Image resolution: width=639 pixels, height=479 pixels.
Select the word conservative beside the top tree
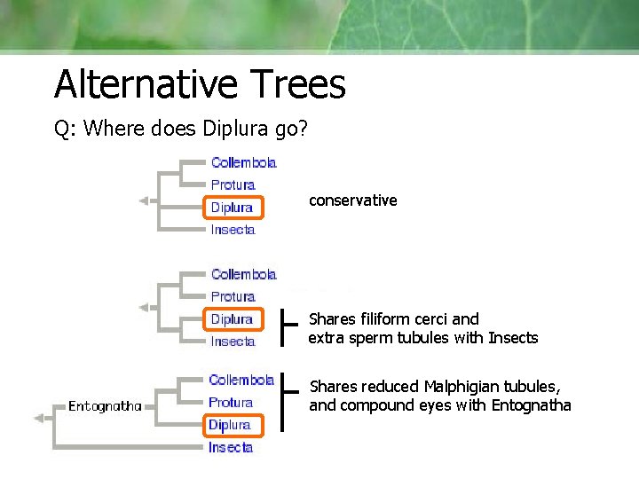[352, 200]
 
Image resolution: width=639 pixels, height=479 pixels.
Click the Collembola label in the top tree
[243, 162]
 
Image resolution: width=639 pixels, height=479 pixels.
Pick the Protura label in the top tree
[233, 185]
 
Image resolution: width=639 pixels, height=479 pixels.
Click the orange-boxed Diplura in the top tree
[232, 208]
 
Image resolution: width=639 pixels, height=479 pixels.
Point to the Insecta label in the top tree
[233, 230]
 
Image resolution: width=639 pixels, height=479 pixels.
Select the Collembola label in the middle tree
[243, 274]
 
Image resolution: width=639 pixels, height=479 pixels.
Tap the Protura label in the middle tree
[233, 296]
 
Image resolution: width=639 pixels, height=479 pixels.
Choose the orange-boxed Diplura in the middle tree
[232, 319]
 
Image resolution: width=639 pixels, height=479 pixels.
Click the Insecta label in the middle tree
[233, 342]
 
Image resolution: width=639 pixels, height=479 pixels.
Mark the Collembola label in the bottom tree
[241, 380]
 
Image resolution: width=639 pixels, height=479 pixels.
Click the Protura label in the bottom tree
[231, 402]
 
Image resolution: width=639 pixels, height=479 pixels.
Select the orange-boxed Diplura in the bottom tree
[230, 425]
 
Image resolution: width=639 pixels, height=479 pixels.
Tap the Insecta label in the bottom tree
[231, 447]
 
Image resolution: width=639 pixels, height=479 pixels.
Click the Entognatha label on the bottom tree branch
[105, 406]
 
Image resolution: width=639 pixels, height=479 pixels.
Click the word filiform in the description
[389, 318]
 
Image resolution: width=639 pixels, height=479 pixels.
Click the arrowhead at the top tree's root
[143, 201]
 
